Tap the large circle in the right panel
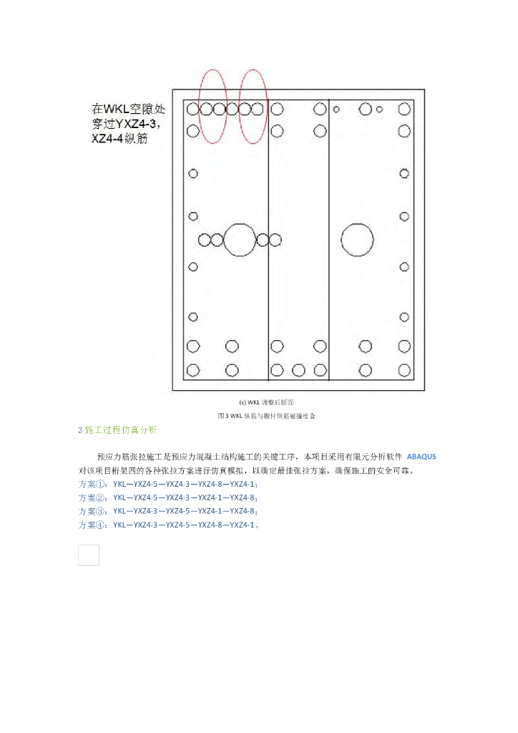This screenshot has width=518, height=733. (x=357, y=240)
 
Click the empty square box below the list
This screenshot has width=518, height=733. (x=89, y=555)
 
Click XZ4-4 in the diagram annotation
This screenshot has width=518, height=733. (x=109, y=139)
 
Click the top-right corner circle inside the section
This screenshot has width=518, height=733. (x=404, y=110)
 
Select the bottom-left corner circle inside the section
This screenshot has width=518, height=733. (x=193, y=370)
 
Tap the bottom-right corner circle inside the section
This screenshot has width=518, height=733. (x=404, y=370)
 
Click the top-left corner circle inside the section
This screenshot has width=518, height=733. (x=193, y=110)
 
